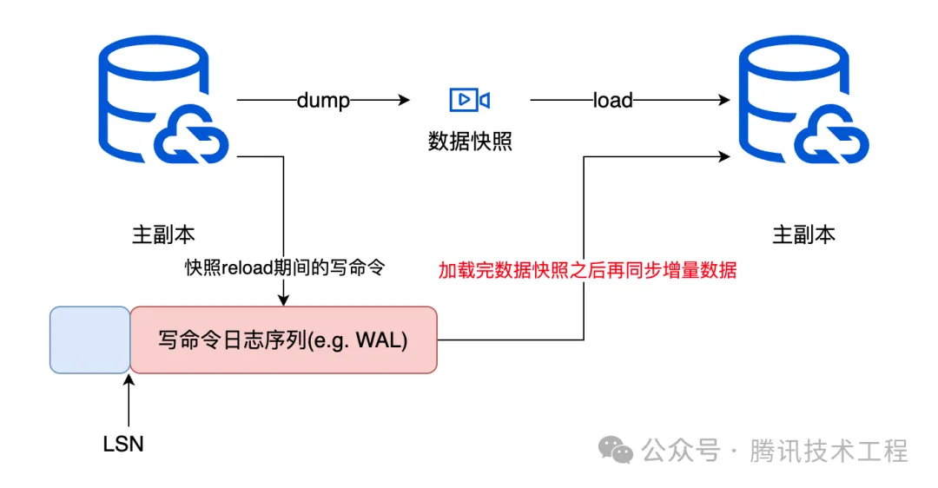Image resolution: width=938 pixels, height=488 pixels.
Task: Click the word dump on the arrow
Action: [323, 101]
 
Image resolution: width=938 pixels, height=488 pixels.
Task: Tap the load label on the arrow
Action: [612, 101]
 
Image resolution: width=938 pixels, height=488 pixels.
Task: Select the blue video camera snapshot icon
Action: [469, 100]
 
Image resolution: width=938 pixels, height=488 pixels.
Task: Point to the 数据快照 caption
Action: [470, 142]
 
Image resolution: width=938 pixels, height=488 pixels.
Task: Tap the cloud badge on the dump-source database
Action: [190, 140]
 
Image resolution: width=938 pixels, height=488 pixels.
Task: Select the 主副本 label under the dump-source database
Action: [163, 234]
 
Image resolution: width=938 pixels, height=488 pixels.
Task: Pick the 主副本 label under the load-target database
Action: [803, 234]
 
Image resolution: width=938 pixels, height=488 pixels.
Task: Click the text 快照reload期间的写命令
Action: [284, 268]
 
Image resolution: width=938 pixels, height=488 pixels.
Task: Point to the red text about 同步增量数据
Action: [587, 270]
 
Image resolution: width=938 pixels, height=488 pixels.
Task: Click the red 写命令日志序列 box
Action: [283, 340]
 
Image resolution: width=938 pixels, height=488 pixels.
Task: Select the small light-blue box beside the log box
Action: [90, 340]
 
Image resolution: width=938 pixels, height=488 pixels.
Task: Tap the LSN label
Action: [123, 445]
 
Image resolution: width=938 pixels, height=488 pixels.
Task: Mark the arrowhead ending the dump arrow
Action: [404, 101]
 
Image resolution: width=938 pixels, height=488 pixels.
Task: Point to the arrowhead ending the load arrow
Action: [723, 101]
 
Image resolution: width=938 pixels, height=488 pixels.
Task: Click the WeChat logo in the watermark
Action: [618, 451]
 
